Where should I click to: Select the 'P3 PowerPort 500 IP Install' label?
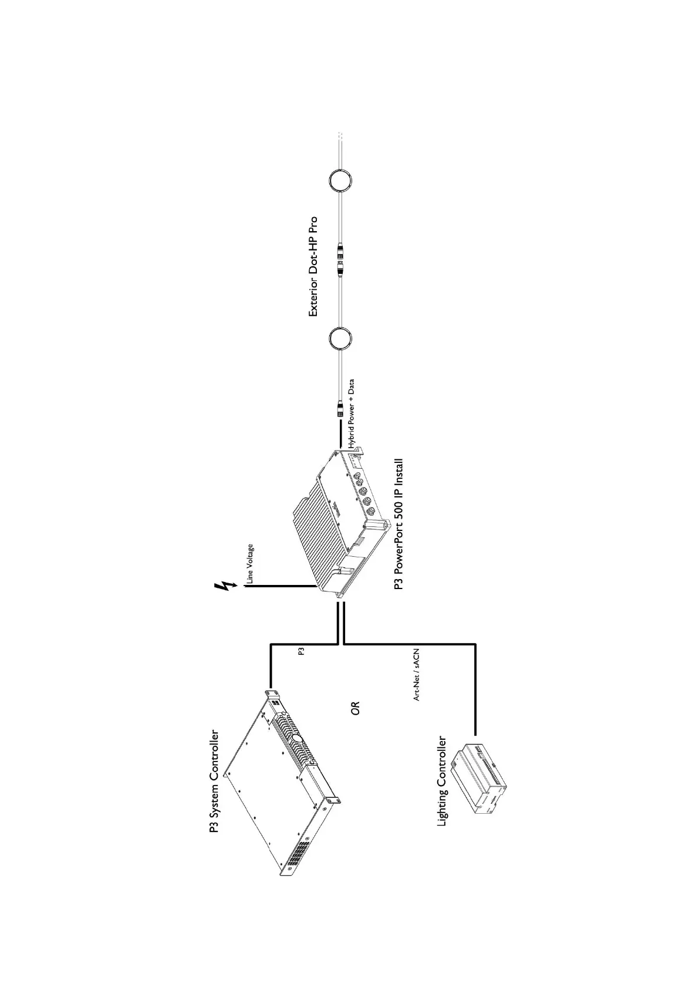point(399,525)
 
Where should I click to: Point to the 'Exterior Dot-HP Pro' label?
point(313,267)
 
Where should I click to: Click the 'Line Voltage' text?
point(249,564)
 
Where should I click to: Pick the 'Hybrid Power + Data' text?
point(352,414)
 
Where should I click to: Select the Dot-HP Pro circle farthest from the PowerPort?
point(340,179)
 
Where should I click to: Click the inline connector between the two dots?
point(340,260)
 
